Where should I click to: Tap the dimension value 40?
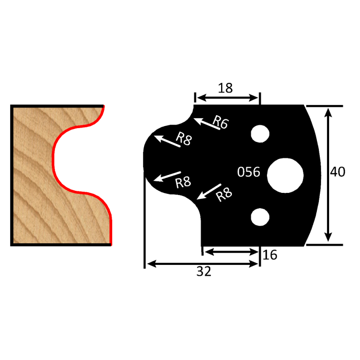coord(337,172)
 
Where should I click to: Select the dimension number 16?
coord(270,255)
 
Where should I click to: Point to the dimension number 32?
coord(204,272)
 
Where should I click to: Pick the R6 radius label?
coord(221,122)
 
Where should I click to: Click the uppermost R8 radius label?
coord(183,139)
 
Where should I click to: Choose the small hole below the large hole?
coord(260,217)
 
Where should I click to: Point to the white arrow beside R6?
coord(207,124)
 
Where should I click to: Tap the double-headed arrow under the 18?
coord(227,98)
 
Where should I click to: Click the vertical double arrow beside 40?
coord(327,175)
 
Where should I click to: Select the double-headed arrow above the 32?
coord(202,263)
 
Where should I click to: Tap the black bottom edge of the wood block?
coord(61,245)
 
